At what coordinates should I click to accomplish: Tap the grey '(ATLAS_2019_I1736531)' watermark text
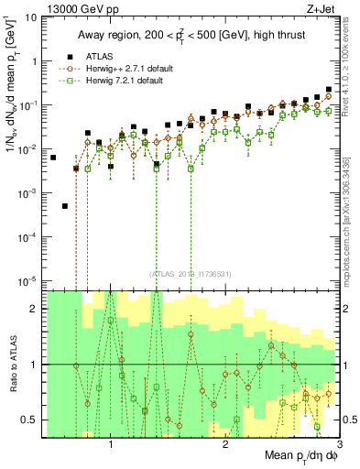[x=190, y=274]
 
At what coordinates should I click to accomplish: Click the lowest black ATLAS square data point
[x=64, y=206]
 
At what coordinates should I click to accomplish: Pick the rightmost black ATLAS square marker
[x=329, y=90]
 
